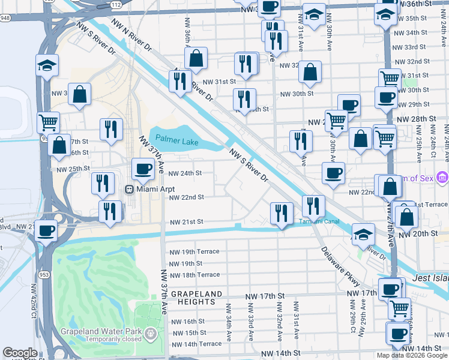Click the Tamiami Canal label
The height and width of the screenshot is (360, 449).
click(x=319, y=221)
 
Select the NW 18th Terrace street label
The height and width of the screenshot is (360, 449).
click(x=194, y=275)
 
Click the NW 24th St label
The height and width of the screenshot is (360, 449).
click(x=185, y=173)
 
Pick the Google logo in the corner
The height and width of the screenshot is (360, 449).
click(x=20, y=353)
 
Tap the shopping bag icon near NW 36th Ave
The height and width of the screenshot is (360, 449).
click(x=196, y=58)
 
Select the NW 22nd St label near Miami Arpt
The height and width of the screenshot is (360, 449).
click(x=186, y=197)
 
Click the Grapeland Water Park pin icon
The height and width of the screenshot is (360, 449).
click(x=151, y=332)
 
